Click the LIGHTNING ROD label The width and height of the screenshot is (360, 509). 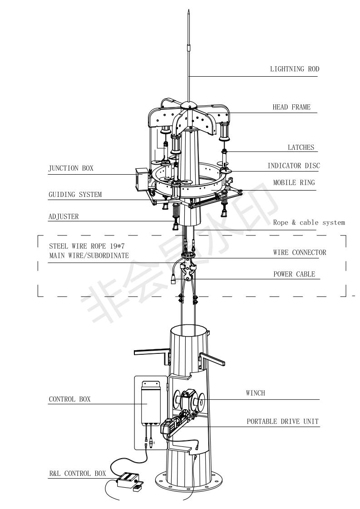pos(295,69)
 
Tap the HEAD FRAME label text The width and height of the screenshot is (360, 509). pos(291,107)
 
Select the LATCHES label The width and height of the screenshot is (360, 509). pos(301,147)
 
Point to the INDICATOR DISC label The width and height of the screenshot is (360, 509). pos(294,166)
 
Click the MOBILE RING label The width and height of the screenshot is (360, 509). pos(294,183)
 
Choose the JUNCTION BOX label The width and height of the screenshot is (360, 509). pos(71,168)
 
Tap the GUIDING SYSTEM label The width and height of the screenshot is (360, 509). pos(75,195)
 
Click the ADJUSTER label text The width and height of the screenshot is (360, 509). pos(64,216)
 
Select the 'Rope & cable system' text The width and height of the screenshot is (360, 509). pos(309,223)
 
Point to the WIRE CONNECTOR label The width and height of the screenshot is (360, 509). pos(300,253)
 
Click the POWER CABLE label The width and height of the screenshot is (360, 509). pos(294,274)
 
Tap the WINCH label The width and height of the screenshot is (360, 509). pos(256,393)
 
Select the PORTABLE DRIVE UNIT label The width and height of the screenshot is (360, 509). pos(283,421)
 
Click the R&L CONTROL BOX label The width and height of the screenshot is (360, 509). pos(78,474)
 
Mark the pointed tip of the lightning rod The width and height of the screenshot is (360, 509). pos(188,11)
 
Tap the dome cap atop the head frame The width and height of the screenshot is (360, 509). pos(189,105)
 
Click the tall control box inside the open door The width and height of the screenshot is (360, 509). pos(151,402)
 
